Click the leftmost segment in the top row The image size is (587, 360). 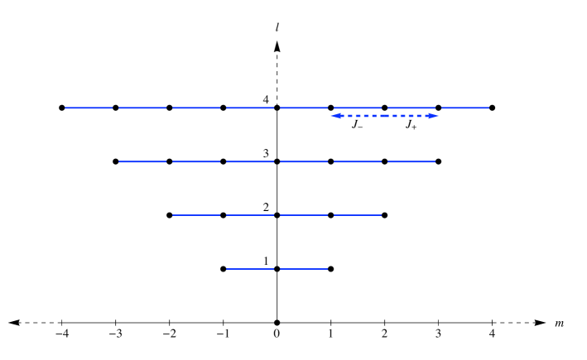(x=89, y=108)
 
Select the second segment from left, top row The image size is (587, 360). (x=142, y=108)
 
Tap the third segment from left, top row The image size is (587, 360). (x=196, y=108)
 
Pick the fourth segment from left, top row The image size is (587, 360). (x=250, y=108)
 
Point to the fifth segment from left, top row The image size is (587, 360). (x=304, y=108)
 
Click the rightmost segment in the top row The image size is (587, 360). (x=465, y=108)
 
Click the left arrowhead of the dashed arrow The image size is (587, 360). (x=334, y=116)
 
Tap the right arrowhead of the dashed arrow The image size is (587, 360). (x=434, y=116)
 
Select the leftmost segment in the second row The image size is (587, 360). (x=142, y=161)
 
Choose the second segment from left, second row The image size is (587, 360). (x=196, y=161)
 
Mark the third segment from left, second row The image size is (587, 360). (x=250, y=161)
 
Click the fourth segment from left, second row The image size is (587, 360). (x=304, y=161)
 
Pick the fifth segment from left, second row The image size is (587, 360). (x=358, y=161)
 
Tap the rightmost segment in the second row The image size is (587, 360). (x=411, y=161)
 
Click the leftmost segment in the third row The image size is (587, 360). (x=196, y=215)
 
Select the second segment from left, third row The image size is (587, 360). (x=250, y=215)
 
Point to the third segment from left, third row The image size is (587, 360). (x=304, y=215)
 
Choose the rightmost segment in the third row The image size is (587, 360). (x=358, y=215)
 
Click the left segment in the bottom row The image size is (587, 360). (x=250, y=269)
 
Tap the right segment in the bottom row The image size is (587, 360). (x=304, y=269)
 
